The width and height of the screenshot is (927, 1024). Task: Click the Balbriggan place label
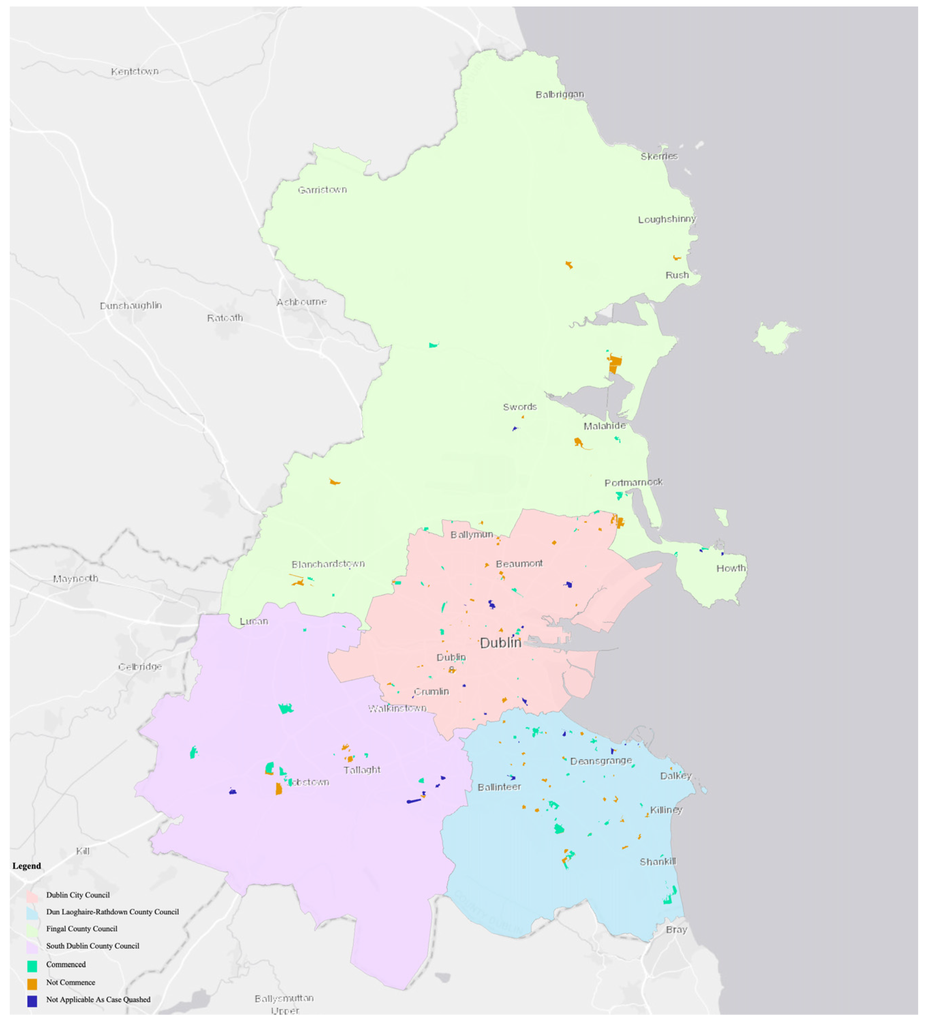(x=560, y=94)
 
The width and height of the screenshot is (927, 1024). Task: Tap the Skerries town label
(x=659, y=156)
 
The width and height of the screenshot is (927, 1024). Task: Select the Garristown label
(x=322, y=190)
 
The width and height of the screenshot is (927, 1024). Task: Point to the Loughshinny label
(x=666, y=220)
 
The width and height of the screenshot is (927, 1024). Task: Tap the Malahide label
(x=604, y=426)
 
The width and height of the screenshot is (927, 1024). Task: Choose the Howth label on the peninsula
(x=730, y=568)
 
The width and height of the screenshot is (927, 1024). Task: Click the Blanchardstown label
(x=328, y=564)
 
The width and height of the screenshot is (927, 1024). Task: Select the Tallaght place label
(x=362, y=770)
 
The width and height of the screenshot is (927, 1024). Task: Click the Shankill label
(x=657, y=861)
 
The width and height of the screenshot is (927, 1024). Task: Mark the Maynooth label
(x=76, y=578)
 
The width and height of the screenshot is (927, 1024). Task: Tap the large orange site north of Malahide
(x=614, y=364)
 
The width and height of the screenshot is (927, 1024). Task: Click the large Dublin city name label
(x=500, y=643)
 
